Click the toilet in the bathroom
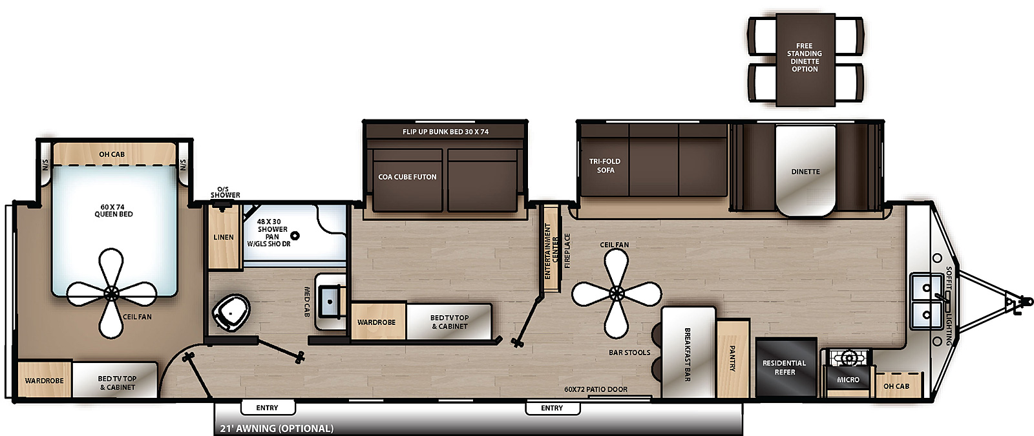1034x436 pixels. click(x=231, y=312)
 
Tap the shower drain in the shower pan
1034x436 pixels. click(x=295, y=236)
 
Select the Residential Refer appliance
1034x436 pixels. click(x=785, y=367)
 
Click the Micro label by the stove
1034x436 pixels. click(x=848, y=380)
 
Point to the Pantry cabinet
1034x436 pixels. click(x=733, y=358)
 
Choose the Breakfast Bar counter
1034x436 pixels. click(x=688, y=353)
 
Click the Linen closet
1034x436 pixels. click(x=224, y=237)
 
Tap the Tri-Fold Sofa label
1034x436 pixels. click(x=605, y=166)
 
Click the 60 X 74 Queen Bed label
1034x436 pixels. click(x=113, y=211)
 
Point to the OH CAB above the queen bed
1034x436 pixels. click(x=112, y=154)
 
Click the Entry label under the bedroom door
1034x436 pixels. click(x=267, y=408)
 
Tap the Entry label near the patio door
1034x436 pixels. click(x=552, y=408)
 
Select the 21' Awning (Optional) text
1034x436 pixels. click(x=277, y=428)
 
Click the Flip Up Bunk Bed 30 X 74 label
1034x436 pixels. click(x=445, y=132)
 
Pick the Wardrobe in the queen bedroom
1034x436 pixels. click(x=44, y=380)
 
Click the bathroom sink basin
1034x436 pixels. click(x=331, y=301)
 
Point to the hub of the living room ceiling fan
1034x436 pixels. click(x=616, y=294)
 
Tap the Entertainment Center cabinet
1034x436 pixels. click(x=551, y=248)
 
